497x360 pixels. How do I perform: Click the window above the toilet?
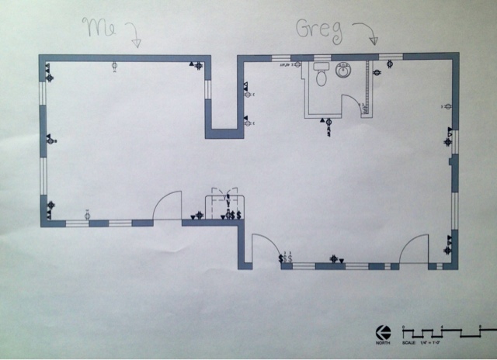[x=319, y=57]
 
